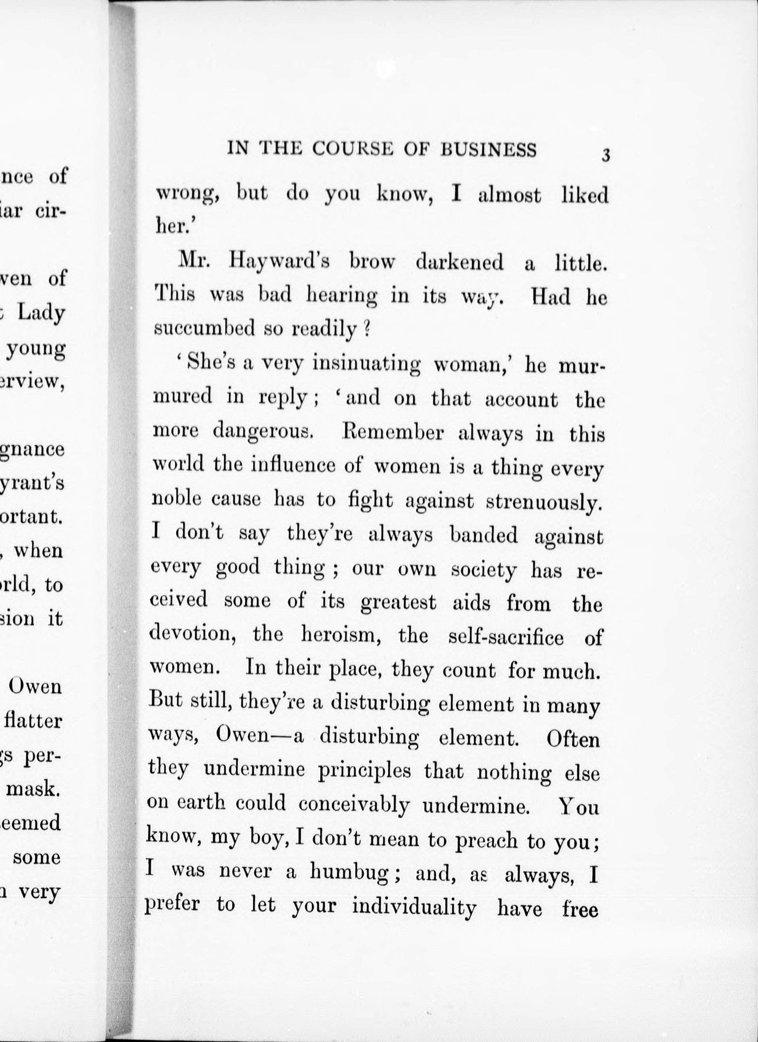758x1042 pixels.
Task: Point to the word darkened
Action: click(x=459, y=263)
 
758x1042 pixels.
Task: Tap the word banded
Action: click(x=484, y=535)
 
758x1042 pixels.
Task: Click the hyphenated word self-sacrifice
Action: click(x=506, y=637)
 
